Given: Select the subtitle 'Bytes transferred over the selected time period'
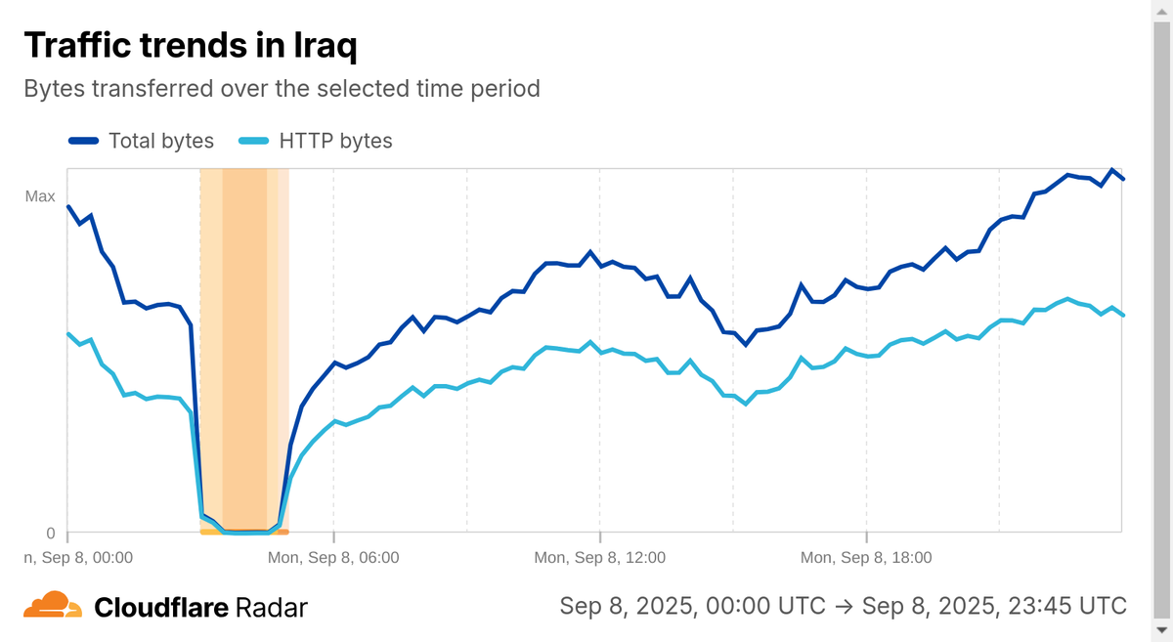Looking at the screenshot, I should pos(282,89).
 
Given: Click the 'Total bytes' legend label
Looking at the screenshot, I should pos(161,141).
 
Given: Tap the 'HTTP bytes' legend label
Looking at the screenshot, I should pos(335,141).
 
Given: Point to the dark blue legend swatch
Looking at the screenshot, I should pos(84,141).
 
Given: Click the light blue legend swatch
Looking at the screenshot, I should pos(255,141).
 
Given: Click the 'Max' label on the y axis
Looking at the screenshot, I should pos(40,196).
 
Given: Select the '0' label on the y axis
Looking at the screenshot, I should pos(51,534).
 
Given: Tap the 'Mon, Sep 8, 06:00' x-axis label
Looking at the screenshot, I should pos(333,558).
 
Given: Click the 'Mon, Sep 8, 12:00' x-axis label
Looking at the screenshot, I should pos(599,558).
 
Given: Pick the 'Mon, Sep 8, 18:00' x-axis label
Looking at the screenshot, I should pos(866,558).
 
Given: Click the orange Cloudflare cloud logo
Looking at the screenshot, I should pos(53,606).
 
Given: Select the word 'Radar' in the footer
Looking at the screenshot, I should pos(272,608).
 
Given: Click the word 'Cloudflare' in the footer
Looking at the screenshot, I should pos(161,608).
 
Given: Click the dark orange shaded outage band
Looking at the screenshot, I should pos(244,342).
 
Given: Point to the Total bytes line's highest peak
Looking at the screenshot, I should pos(1112,170).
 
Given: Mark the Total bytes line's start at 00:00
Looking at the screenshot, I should pos(67,206).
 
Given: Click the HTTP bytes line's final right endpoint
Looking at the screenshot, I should pos(1123,315).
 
